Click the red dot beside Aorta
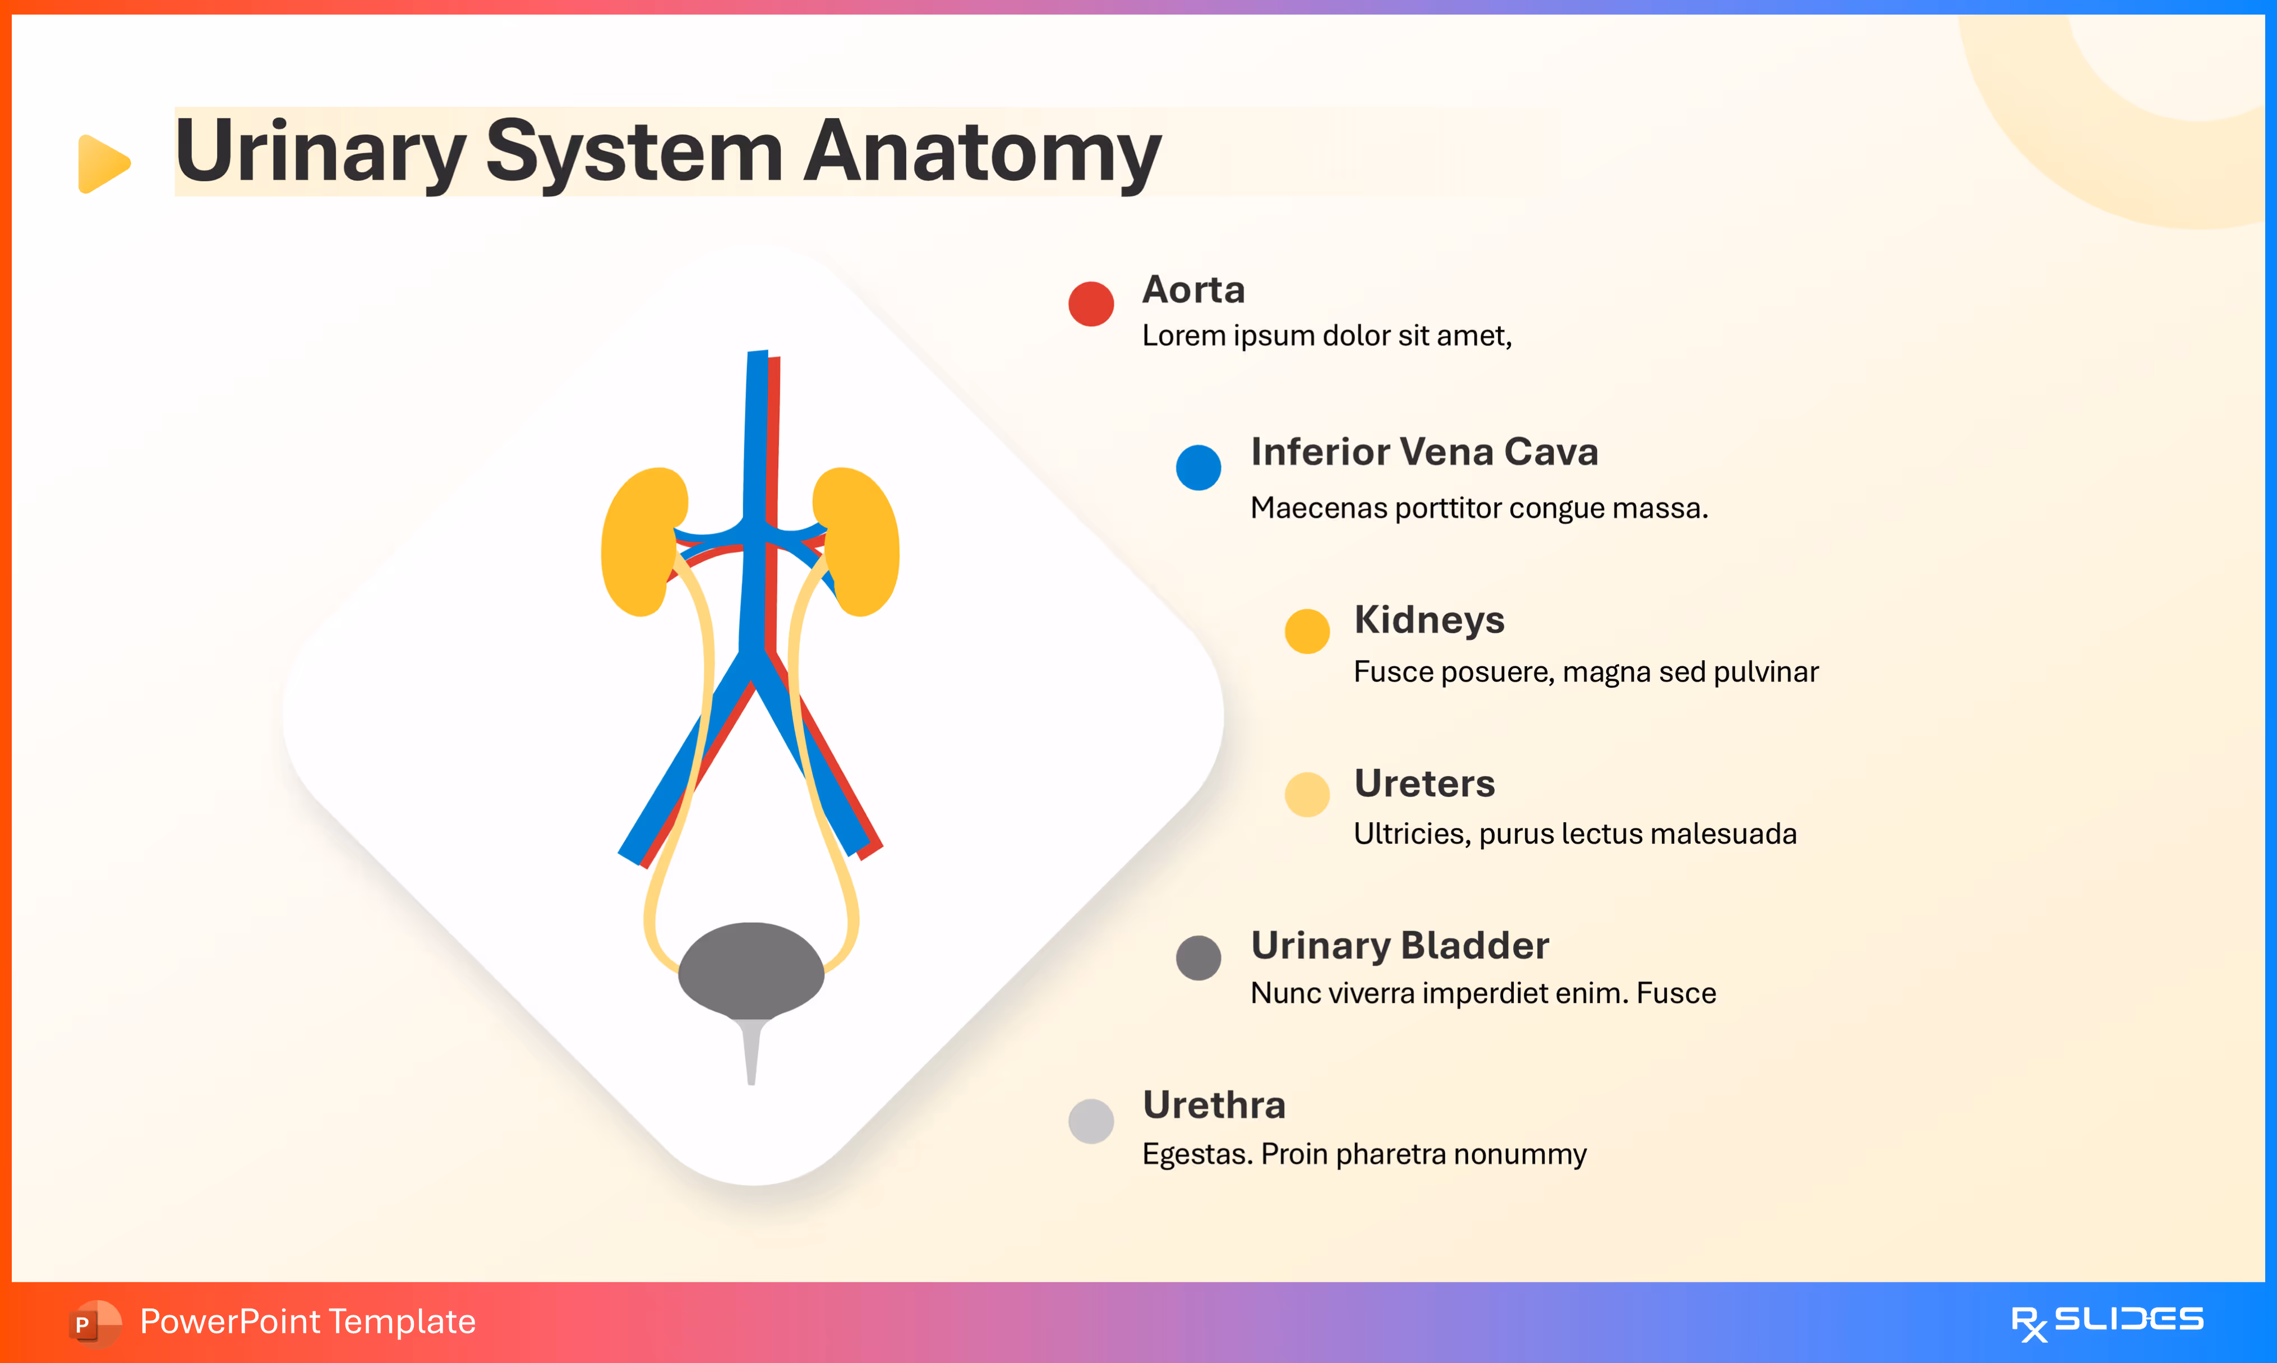click(x=1091, y=304)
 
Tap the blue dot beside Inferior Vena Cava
click(x=1198, y=467)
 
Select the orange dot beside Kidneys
click(x=1307, y=631)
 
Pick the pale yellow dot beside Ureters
click(x=1307, y=794)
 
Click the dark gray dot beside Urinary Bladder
click(x=1198, y=958)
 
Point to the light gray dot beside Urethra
click(x=1091, y=1121)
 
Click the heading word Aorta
click(x=1193, y=290)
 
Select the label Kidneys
click(x=1428, y=620)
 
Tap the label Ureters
click(x=1424, y=784)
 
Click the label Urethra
click(x=1214, y=1105)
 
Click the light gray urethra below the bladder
click(x=751, y=1052)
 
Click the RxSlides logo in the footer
click(x=2107, y=1321)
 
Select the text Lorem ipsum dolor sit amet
click(x=1326, y=336)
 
